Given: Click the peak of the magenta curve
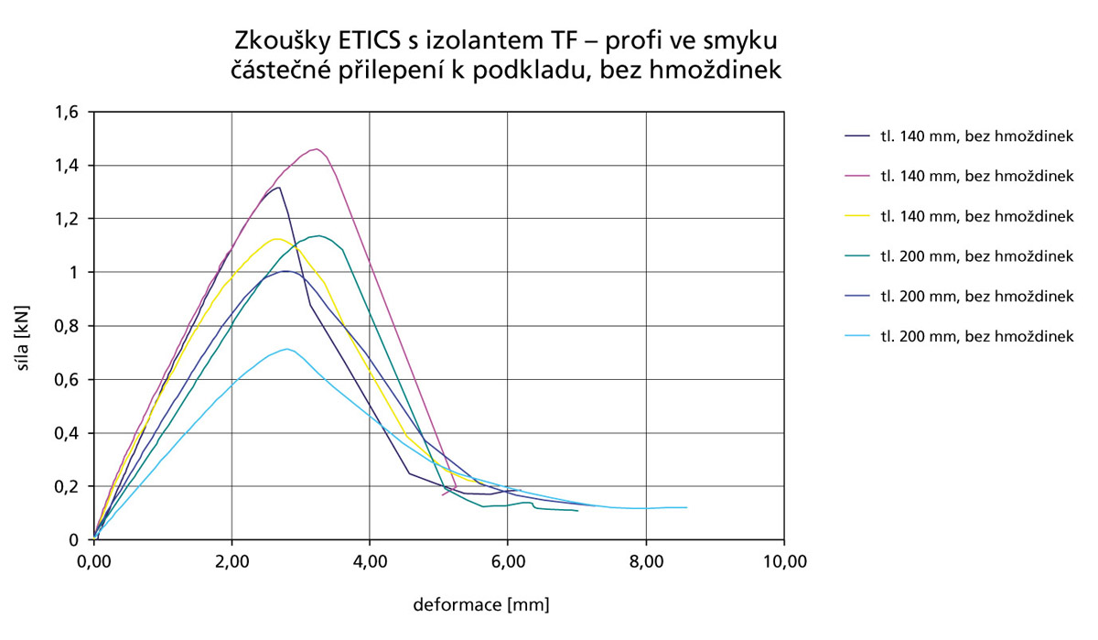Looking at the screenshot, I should coord(316,148).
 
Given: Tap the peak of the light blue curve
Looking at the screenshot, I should coord(287,349).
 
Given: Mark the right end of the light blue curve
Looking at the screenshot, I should coord(686,507).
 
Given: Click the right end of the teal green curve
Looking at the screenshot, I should coord(577,511).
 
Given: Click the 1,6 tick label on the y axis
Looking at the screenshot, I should coord(70,113).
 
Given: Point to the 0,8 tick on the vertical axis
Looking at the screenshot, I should coord(70,326).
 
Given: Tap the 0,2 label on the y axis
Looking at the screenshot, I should coord(70,486).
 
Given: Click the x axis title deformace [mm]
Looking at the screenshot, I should coord(481,604).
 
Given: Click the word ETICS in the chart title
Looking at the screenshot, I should coord(382,42).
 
